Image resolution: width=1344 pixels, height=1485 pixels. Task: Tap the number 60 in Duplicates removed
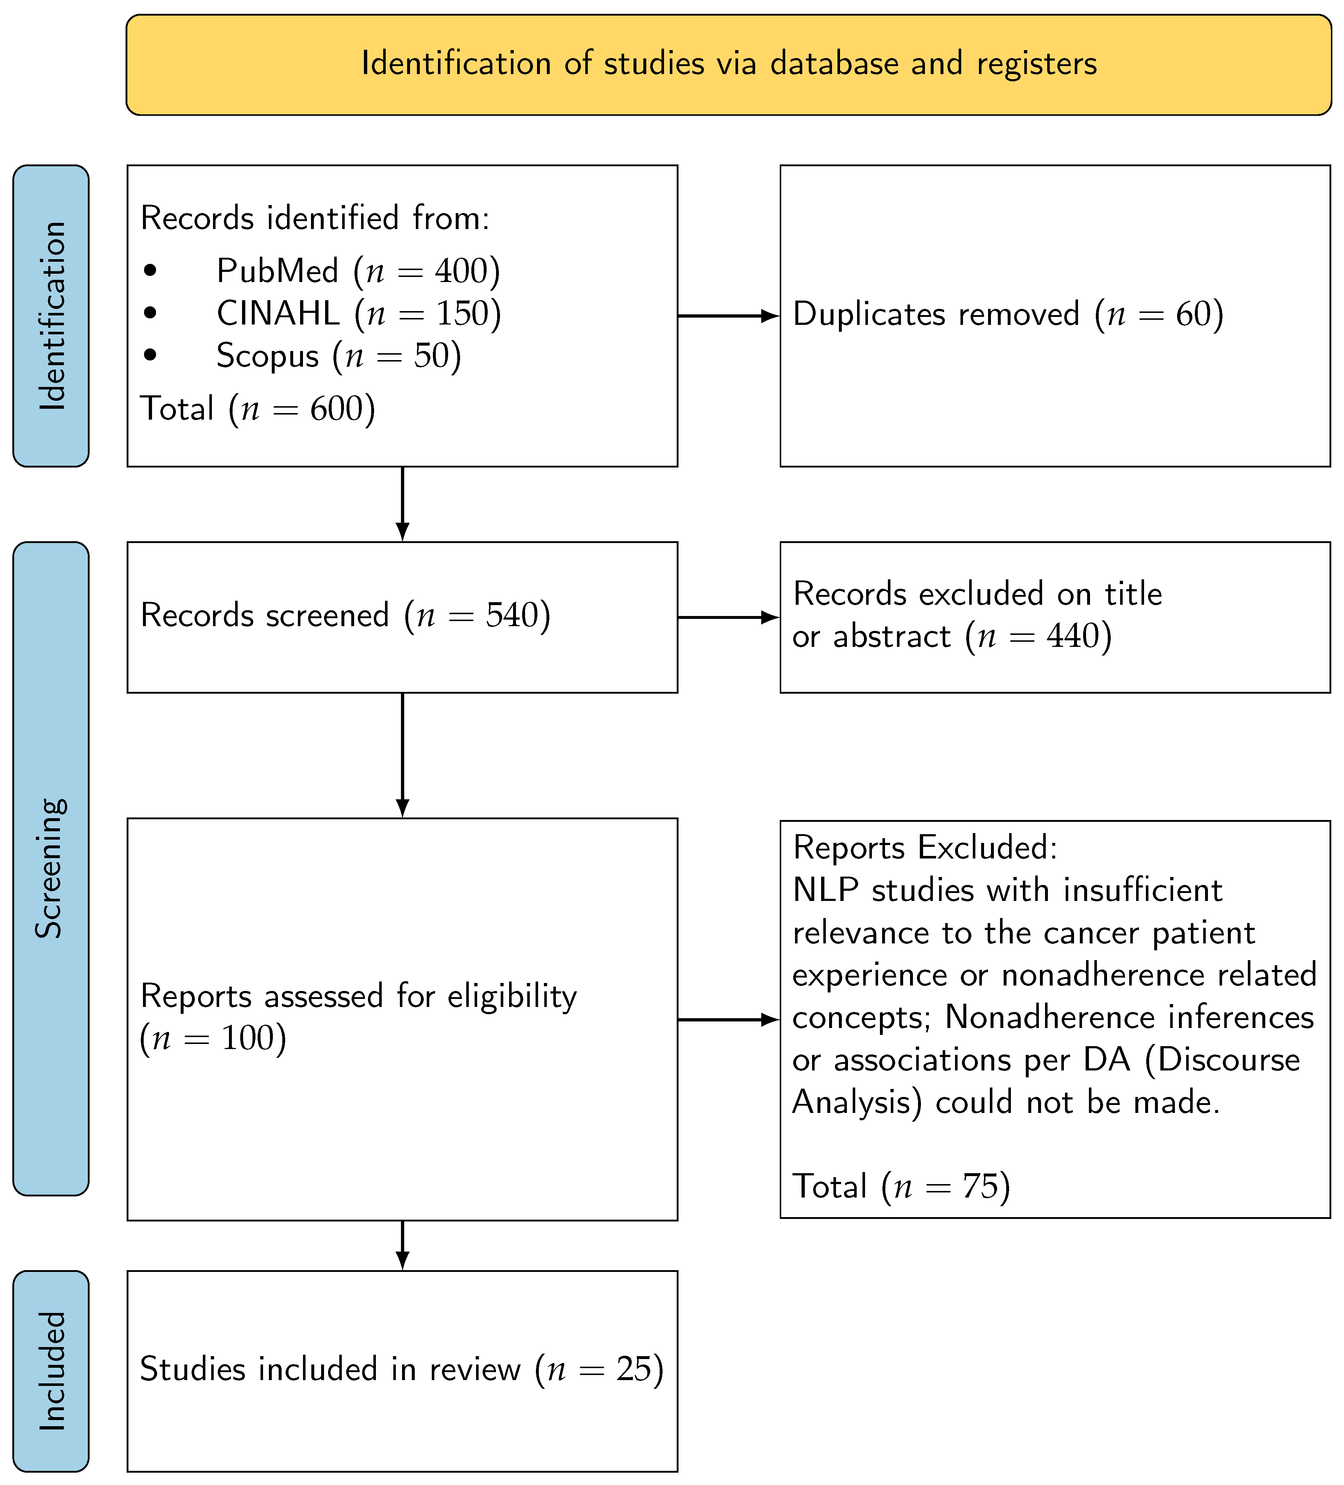point(1193,314)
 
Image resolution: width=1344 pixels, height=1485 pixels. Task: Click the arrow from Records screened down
point(402,755)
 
